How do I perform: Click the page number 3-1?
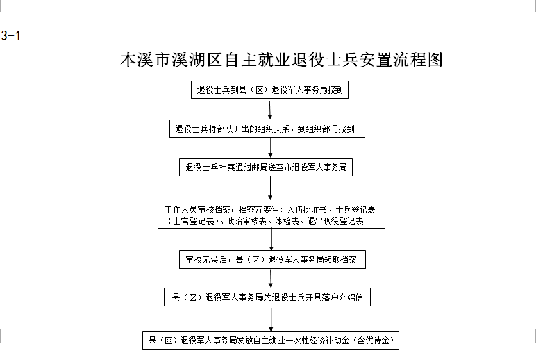click(10, 35)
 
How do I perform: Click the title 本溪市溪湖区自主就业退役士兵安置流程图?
click(281, 60)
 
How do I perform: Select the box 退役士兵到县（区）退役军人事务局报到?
click(270, 90)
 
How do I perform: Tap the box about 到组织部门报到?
click(267, 129)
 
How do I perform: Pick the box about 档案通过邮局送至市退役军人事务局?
click(265, 167)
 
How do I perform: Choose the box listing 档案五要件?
click(271, 214)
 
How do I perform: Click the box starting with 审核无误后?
click(272, 259)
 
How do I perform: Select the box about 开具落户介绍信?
click(267, 297)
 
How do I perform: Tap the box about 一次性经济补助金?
click(271, 340)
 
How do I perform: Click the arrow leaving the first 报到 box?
click(270, 110)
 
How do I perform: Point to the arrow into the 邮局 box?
click(271, 148)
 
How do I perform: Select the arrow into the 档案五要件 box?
click(271, 188)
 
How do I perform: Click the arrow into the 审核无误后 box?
click(271, 240)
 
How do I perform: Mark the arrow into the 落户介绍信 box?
click(271, 279)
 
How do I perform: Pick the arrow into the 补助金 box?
click(271, 318)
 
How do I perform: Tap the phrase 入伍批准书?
click(306, 209)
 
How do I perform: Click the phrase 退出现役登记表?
click(335, 222)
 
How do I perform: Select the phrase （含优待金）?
click(373, 340)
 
